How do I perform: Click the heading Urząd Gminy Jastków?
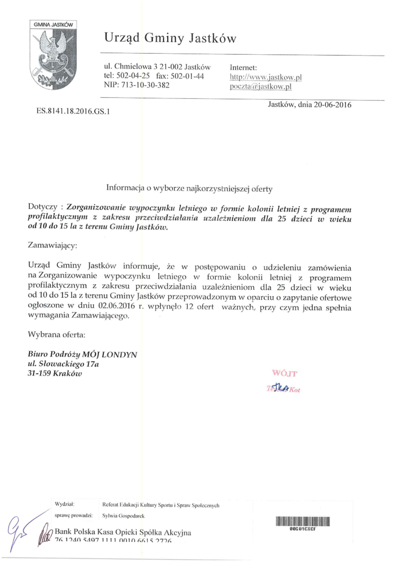(169, 38)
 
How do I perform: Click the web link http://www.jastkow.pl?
(266, 77)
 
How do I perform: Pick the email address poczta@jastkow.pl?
(260, 86)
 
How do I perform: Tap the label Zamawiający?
(53, 245)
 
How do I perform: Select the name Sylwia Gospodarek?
(120, 517)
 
